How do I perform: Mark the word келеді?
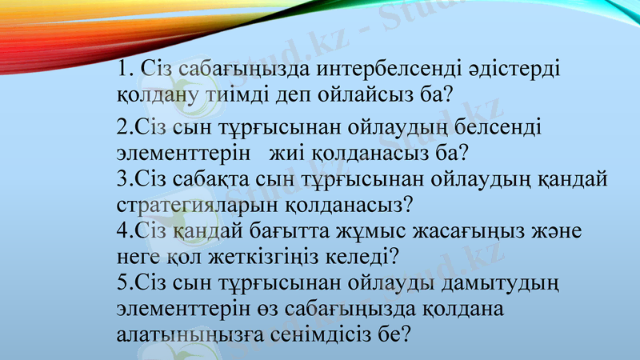click(367, 257)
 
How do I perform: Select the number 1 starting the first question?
click(122, 70)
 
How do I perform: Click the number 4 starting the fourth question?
click(121, 231)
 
